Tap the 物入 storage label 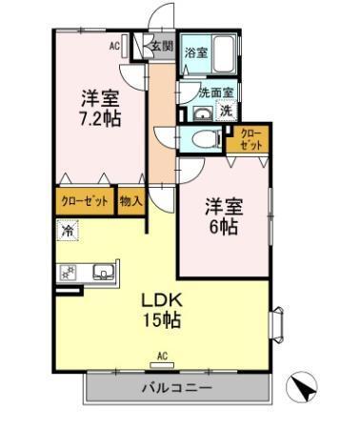pos(131,202)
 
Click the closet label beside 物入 pos(84,202)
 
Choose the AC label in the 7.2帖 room pos(113,45)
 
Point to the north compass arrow pos(305,386)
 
